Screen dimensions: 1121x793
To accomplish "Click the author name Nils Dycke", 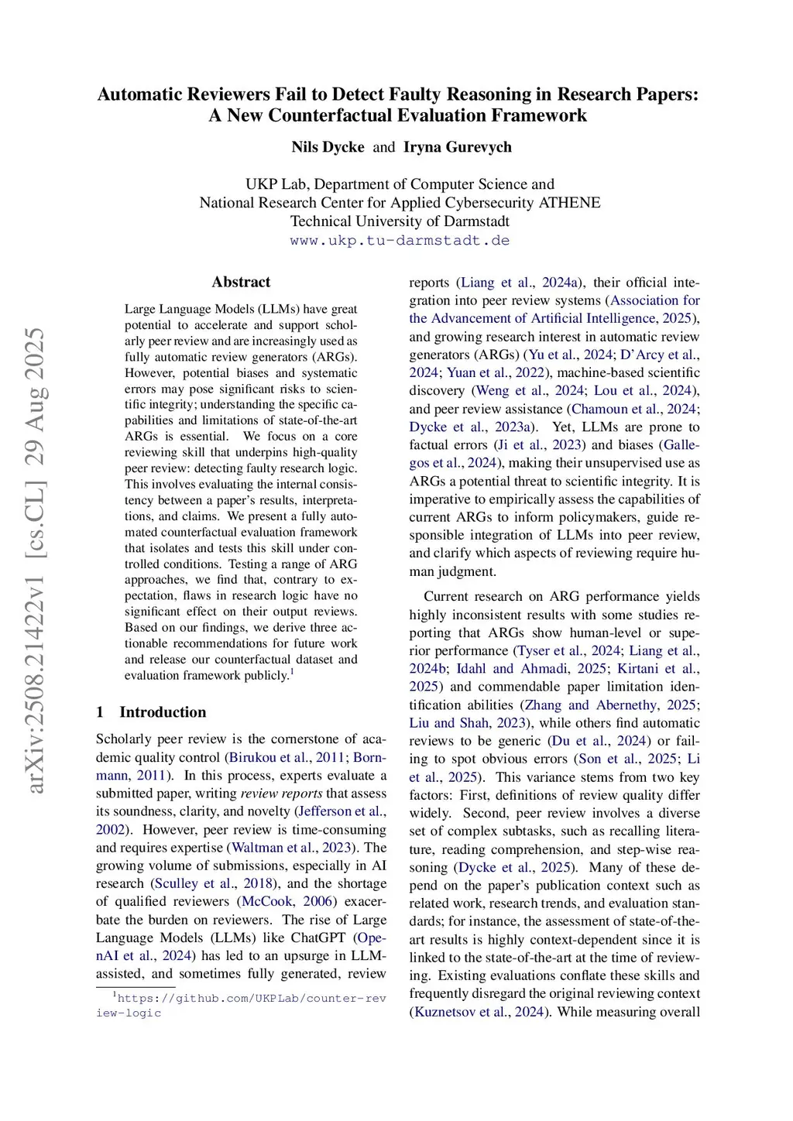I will tap(328, 147).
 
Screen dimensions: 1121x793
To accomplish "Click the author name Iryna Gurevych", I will tap(457, 147).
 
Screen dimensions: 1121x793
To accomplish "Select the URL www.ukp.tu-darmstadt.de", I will tap(400, 241).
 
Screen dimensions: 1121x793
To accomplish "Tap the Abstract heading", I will tap(241, 283).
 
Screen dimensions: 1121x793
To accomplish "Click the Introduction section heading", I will tap(163, 712).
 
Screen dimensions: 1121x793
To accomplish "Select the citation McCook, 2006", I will tap(287, 901).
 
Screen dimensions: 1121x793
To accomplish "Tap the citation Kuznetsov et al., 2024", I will tap(479, 1012).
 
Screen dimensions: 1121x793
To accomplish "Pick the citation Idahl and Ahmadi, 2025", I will tap(533, 669).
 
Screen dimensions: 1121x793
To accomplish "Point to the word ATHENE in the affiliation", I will tap(572, 203).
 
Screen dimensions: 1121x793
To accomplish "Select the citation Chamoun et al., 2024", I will tap(633, 409).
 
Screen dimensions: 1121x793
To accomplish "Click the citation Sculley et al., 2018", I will tap(214, 883).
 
